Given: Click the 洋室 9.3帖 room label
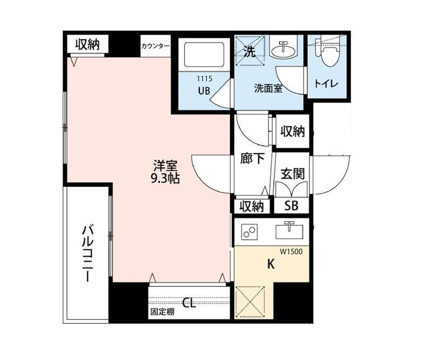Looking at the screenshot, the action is coord(165,172).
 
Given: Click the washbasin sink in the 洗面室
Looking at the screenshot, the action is coord(283,50).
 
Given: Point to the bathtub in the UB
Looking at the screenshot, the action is coord(204,55).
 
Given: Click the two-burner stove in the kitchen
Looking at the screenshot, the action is coord(249,232).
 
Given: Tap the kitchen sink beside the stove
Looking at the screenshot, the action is coord(289,230).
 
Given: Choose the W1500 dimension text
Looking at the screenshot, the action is coord(291,252).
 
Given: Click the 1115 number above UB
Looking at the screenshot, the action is coord(205,79).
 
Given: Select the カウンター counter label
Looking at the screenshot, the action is coord(155,46).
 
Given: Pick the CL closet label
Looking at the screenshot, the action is coord(190,303).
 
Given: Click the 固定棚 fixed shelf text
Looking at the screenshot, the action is coord(163,312).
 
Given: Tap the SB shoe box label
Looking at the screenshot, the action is coord(291,206).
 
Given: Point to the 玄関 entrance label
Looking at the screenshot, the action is coord(292,174).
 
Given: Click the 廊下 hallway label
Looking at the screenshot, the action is coord(252,158).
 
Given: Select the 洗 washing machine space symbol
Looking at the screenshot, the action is coord(250,51).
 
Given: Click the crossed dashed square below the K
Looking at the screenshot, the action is coord(250,302).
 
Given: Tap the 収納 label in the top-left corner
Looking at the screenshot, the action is coord(87,44).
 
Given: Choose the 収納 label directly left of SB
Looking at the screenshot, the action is coord(252,206).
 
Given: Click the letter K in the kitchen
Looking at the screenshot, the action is coord(271,264).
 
